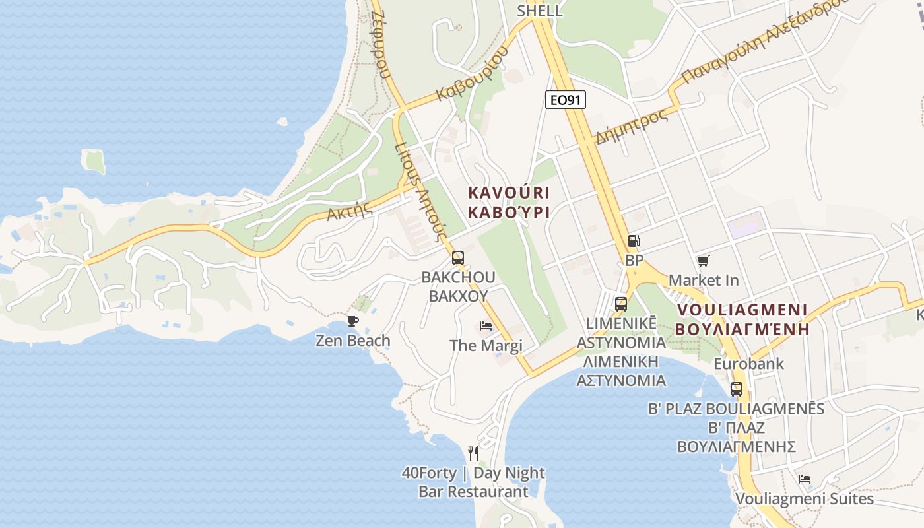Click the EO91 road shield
coord(566,100)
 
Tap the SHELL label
coord(540,11)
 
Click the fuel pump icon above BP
coord(633,242)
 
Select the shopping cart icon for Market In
coord(703,261)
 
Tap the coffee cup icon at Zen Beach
coord(353,321)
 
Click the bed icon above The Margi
coord(486,326)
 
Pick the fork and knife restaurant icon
coord(473,453)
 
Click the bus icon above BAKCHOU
coord(458,258)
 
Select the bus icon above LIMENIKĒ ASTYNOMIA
coord(621,304)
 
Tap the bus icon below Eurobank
coord(737,389)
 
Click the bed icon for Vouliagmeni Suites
coord(804,479)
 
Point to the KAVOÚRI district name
coord(509,193)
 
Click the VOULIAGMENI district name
coord(742,310)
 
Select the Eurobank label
coord(748,364)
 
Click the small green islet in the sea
coord(94,161)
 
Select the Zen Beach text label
coord(353,341)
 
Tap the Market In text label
coord(704,280)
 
